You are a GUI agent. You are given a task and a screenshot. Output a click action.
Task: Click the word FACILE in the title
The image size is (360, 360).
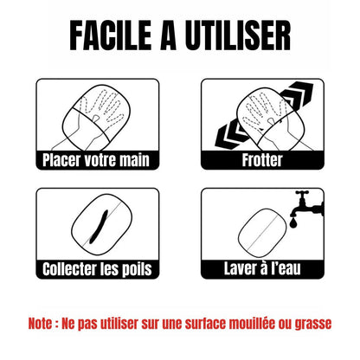[x=111, y=35]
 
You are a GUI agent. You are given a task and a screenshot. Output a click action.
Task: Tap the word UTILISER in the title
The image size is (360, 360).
[x=238, y=35]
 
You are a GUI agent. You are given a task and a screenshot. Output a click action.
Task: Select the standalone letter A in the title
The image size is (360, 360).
[x=168, y=35]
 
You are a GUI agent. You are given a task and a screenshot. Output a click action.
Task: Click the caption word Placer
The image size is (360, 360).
[x=61, y=160]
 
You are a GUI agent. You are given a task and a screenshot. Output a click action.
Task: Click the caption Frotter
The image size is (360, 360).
[x=262, y=160]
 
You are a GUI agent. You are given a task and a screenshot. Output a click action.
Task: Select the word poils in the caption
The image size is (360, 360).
[x=137, y=270]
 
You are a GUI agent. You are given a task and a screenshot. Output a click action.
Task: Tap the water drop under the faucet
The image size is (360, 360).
[x=293, y=223]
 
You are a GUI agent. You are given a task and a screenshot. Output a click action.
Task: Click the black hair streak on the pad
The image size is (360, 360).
[x=99, y=227]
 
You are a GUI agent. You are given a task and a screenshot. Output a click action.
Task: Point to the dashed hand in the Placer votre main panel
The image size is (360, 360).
[x=101, y=111]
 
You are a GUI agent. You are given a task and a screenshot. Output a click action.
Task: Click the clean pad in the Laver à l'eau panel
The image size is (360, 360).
[x=262, y=233]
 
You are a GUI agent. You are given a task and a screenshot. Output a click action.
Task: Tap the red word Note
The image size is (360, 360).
[x=40, y=324]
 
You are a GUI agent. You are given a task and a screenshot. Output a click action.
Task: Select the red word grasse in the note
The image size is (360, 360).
[x=313, y=325]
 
